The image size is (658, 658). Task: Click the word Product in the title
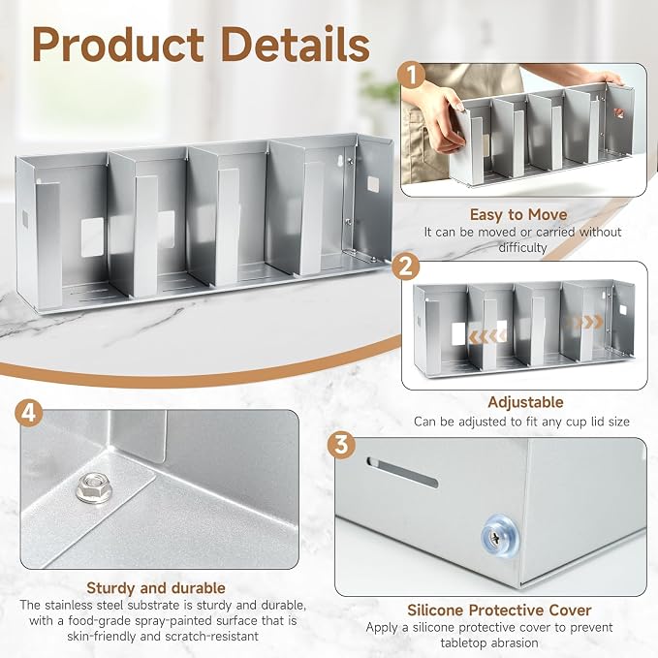(118, 45)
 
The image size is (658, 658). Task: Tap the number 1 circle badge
(412, 76)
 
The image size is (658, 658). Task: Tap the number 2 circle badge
(405, 266)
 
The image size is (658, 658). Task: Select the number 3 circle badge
(341, 445)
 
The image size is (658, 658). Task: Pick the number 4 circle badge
(28, 414)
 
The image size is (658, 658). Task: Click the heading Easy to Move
(518, 214)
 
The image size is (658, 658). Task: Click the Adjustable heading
(525, 402)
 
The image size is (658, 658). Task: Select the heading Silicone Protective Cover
(499, 610)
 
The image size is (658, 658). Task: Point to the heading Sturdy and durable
(156, 588)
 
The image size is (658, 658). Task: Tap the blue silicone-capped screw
(499, 537)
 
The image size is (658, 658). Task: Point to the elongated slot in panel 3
(402, 471)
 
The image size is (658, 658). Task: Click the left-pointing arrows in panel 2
(486, 336)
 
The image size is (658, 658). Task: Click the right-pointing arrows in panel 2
(585, 323)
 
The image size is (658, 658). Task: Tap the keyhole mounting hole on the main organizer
(340, 160)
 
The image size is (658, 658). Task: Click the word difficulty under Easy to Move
(522, 247)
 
